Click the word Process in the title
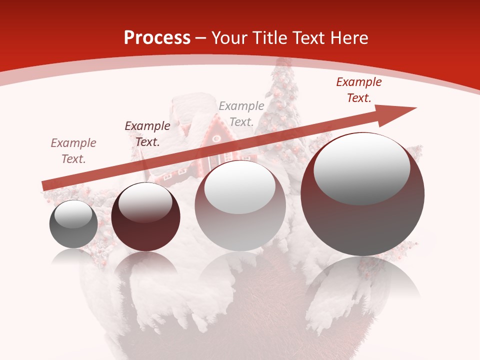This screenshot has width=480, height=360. coord(157,37)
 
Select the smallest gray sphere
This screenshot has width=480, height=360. coord(73,224)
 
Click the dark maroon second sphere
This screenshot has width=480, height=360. coord(145,217)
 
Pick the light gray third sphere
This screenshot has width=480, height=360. coord(240,205)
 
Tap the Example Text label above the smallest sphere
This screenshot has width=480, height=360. coord(73,151)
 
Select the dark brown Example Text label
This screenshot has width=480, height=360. coord(147,134)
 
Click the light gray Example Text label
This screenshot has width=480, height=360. coord(241,113)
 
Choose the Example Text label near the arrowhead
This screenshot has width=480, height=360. coord(359,90)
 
